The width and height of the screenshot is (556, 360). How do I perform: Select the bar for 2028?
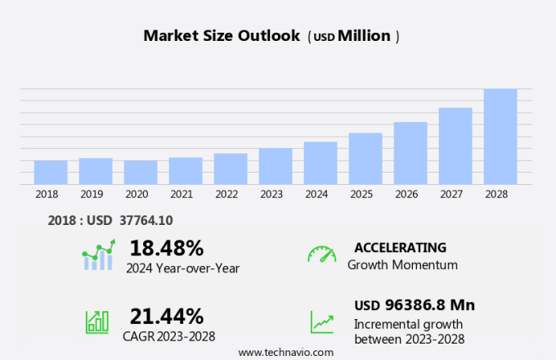(x=500, y=137)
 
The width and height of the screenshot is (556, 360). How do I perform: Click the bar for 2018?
(x=51, y=173)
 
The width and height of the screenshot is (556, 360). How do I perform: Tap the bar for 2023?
(x=276, y=166)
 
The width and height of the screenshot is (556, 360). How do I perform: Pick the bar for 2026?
(x=410, y=153)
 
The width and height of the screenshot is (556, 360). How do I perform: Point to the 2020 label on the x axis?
(x=137, y=195)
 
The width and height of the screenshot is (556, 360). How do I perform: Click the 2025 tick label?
(x=361, y=195)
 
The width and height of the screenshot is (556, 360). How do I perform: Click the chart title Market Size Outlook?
(x=222, y=36)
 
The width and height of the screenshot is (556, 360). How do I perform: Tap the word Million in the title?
(x=364, y=36)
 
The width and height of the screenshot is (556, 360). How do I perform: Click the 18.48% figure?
(x=167, y=247)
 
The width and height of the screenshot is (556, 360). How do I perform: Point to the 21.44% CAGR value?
(x=167, y=316)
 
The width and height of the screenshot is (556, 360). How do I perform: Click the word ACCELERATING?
(x=401, y=247)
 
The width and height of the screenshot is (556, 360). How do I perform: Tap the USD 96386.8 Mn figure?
(x=415, y=305)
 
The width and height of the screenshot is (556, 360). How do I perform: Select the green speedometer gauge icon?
(x=321, y=254)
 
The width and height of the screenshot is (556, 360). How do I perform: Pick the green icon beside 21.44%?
(x=97, y=322)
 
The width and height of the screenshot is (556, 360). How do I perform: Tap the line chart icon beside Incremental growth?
(x=321, y=322)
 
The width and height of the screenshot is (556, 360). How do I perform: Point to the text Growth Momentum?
(x=402, y=265)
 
